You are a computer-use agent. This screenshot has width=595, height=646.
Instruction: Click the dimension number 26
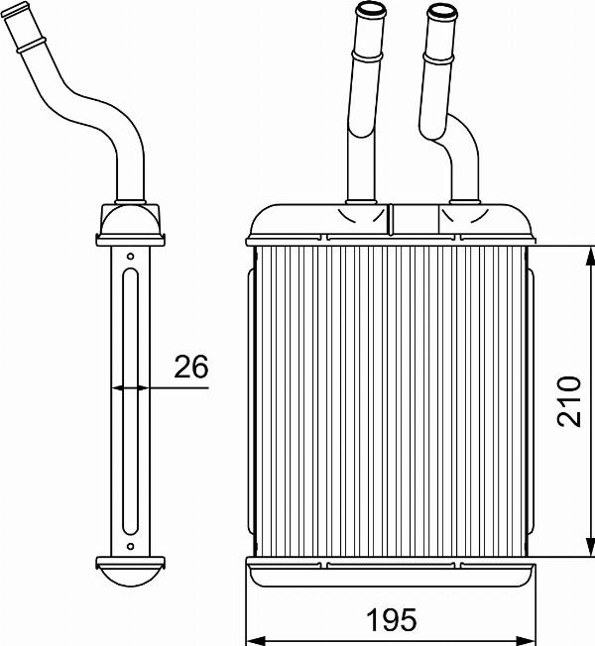pyautogui.click(x=190, y=368)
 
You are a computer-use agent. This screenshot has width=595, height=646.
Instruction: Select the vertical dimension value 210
pyautogui.click(x=567, y=400)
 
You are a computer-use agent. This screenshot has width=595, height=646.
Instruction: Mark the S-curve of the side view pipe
pyautogui.click(x=94, y=109)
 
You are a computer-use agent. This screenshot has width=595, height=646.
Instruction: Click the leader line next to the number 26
pyautogui.click(x=178, y=387)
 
